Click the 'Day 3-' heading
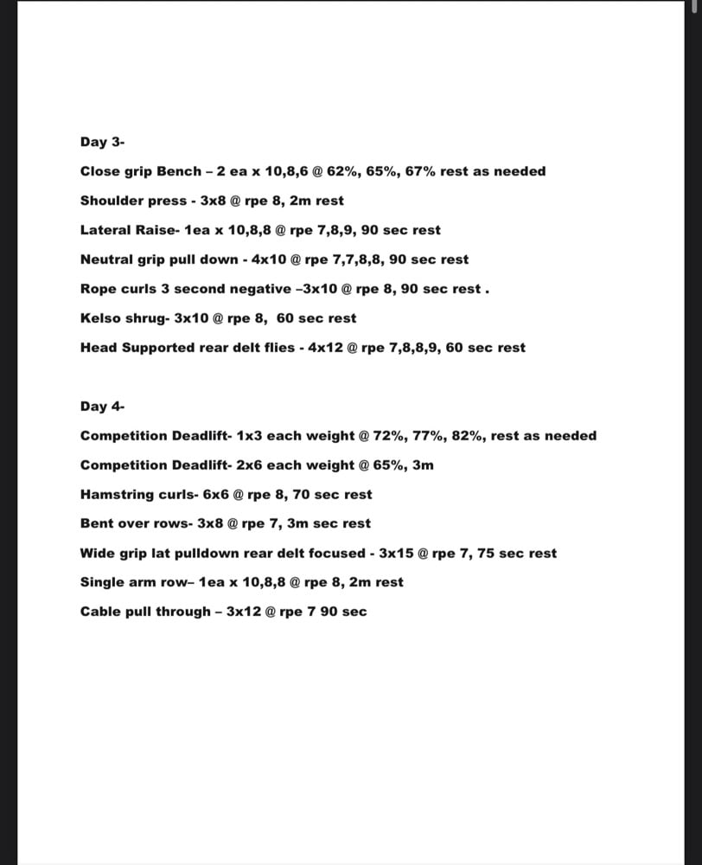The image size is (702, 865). pyautogui.click(x=103, y=142)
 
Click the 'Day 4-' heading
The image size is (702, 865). pyautogui.click(x=103, y=407)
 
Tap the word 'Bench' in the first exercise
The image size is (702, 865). pyautogui.click(x=178, y=171)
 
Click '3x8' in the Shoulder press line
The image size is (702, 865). pyautogui.click(x=212, y=201)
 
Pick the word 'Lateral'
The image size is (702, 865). pyautogui.click(x=105, y=230)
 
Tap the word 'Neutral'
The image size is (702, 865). pyautogui.click(x=105, y=259)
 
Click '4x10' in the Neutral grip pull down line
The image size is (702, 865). pyautogui.click(x=268, y=259)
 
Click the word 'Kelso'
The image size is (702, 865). pyautogui.click(x=99, y=318)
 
